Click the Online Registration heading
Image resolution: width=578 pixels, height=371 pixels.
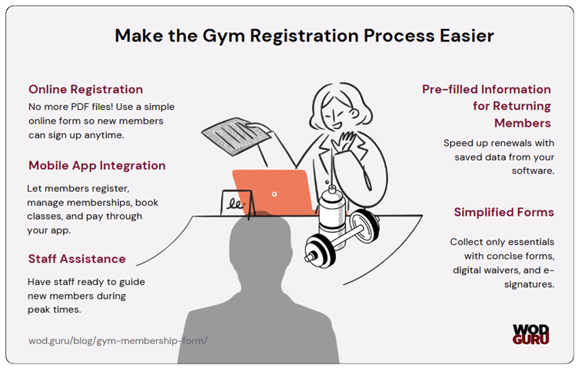coord(85,89)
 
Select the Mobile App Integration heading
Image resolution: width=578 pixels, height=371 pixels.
coord(97,165)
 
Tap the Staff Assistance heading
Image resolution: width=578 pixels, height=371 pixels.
coord(76,258)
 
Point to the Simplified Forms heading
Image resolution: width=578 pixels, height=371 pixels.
coord(503,212)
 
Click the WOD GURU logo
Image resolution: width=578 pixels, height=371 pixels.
coord(530,333)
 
